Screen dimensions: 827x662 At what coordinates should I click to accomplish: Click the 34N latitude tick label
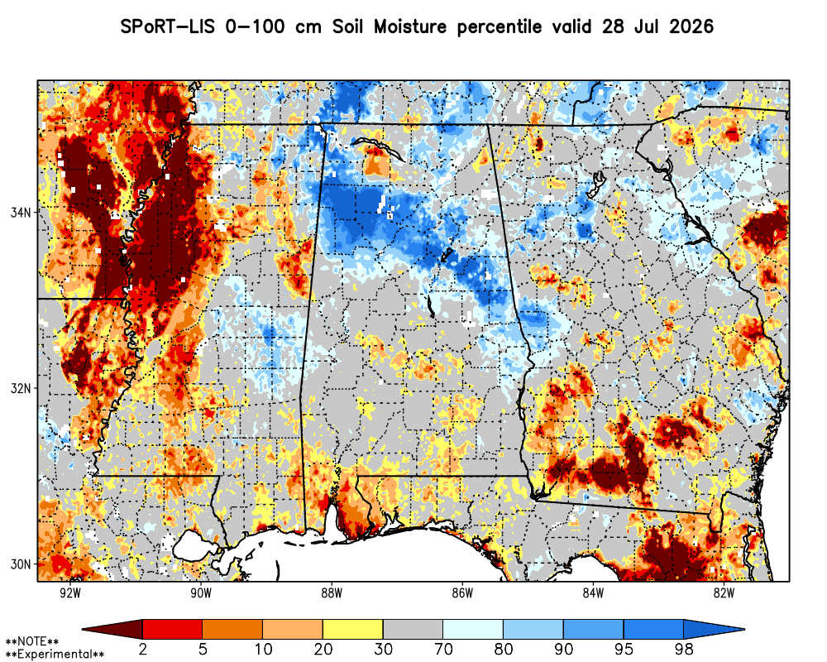point(21,212)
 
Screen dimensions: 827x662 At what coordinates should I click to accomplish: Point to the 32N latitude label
point(21,388)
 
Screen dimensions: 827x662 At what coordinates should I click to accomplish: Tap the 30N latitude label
point(21,564)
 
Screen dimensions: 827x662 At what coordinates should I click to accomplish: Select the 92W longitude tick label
point(70,592)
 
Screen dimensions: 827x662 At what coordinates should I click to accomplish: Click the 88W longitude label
point(332,592)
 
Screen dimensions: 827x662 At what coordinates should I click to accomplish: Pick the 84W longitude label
point(593,592)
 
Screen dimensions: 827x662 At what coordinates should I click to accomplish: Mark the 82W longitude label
point(724,592)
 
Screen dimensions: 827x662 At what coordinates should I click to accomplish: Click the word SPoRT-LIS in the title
point(168,26)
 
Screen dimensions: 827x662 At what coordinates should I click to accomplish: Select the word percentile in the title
point(499,27)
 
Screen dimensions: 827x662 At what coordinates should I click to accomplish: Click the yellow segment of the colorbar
point(353,629)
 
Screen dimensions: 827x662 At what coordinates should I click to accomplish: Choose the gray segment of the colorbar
point(413,629)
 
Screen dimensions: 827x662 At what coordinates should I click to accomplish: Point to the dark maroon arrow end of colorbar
point(112,629)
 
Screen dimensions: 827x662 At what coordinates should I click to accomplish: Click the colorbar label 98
point(683,649)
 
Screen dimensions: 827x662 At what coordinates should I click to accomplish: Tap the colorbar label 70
point(443,649)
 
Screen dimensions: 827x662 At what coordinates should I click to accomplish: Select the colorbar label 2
point(142,649)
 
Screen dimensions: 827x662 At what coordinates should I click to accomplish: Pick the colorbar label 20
point(323,649)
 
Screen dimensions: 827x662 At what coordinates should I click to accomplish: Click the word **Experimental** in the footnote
point(55,655)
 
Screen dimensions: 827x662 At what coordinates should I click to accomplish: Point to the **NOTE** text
point(32,642)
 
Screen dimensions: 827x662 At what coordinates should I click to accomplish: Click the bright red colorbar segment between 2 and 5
point(173,629)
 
